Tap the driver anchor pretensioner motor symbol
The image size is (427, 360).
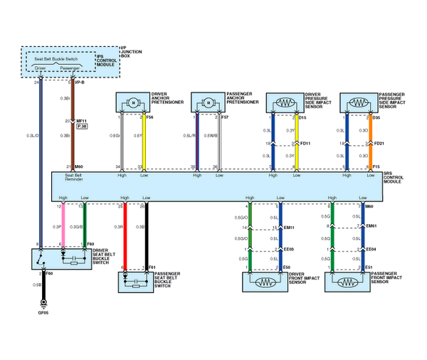tap(132, 103)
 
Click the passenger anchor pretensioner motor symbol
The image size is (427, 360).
tap(207, 103)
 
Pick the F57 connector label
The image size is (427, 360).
tap(225, 116)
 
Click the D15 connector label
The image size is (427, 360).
tap(302, 117)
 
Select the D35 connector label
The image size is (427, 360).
tap(376, 117)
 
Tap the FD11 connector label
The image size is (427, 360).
tap(306, 143)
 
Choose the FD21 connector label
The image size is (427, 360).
tap(379, 143)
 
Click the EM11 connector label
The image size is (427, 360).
tap(289, 227)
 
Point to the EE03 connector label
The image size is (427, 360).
tap(289, 250)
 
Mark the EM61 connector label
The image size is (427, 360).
tap(371, 227)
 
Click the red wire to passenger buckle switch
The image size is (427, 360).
tap(125, 235)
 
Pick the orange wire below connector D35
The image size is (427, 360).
tap(369, 142)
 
